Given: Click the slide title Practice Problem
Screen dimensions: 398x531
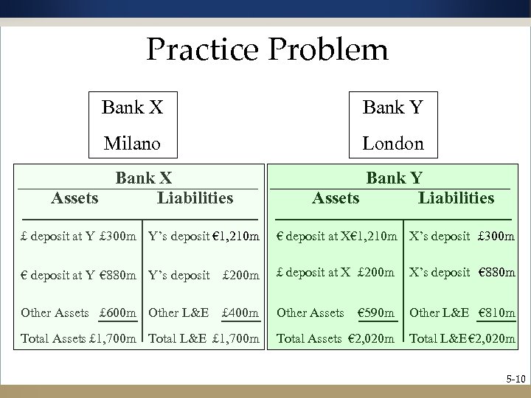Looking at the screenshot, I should click(266, 50).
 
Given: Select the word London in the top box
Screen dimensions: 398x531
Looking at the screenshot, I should click(393, 143).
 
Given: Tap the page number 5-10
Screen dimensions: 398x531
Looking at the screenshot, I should click(513, 380).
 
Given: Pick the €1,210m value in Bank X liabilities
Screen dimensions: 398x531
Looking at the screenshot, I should click(233, 237).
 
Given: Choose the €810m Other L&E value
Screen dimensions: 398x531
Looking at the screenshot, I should click(496, 313).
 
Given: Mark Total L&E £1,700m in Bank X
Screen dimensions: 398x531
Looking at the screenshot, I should click(204, 338).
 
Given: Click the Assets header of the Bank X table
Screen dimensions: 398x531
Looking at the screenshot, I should click(74, 198).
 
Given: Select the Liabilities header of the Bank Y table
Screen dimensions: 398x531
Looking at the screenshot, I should click(456, 198).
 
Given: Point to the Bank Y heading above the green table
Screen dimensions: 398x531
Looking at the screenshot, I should click(395, 178).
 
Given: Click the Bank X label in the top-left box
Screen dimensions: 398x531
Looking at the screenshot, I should click(133, 108).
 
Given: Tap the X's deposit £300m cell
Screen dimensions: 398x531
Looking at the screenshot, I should click(462, 237).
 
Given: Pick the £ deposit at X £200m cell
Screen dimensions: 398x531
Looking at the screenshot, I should click(336, 273).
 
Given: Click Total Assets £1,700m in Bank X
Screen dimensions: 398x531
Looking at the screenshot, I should click(78, 338).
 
